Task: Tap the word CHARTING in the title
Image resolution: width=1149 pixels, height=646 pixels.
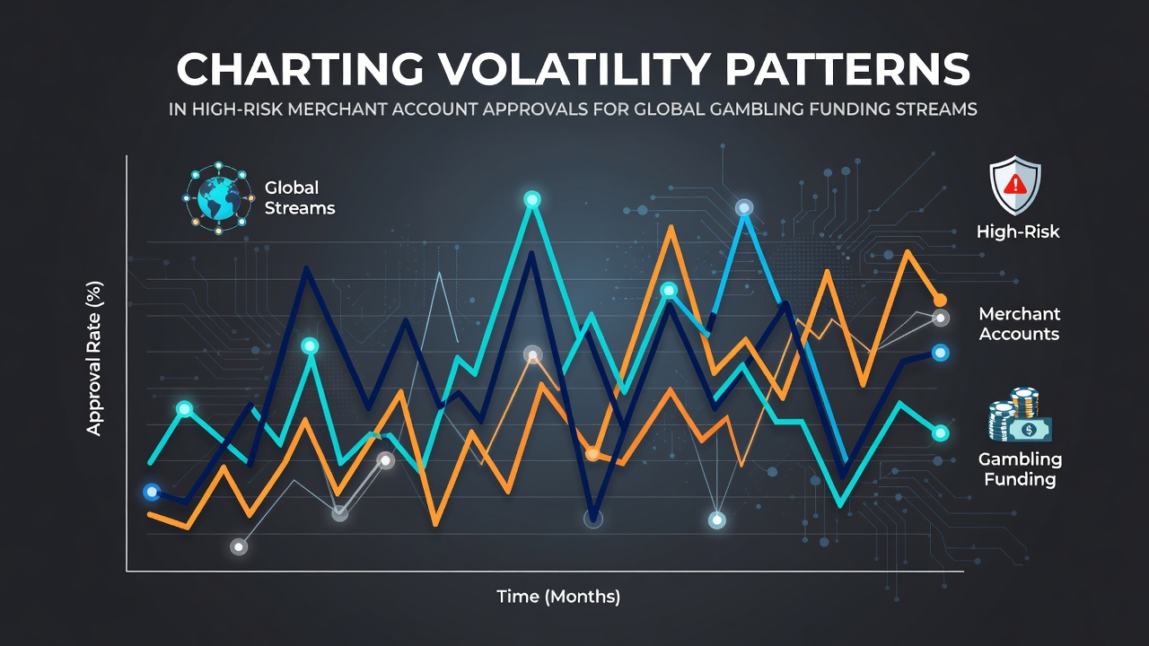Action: [300, 69]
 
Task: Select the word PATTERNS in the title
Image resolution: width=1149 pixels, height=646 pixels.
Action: [847, 69]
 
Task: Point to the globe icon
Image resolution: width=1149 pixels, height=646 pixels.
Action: [218, 198]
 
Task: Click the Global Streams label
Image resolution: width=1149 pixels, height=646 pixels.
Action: [300, 198]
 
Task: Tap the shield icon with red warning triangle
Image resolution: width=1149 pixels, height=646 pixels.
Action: [1015, 185]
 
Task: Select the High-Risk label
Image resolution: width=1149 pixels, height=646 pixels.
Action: [1018, 231]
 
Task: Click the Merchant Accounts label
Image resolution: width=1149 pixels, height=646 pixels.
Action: [1019, 324]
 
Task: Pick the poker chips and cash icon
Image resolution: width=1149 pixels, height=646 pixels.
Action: [1020, 415]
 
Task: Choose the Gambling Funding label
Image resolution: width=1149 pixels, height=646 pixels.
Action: [1020, 469]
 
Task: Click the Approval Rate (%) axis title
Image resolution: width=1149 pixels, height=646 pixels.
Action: [94, 359]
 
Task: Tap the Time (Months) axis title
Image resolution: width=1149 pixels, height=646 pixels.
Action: [558, 597]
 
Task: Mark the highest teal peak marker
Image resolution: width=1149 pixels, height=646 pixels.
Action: [532, 199]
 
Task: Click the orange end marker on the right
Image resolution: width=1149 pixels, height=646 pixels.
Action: [940, 300]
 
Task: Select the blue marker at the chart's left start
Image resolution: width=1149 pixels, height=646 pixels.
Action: [152, 493]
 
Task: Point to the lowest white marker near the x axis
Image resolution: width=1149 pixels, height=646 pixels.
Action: [239, 547]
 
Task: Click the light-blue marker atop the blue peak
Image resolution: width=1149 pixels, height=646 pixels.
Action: [744, 208]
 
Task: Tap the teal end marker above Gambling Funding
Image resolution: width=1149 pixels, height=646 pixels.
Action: [940, 433]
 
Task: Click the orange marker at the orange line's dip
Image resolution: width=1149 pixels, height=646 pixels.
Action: [592, 454]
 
